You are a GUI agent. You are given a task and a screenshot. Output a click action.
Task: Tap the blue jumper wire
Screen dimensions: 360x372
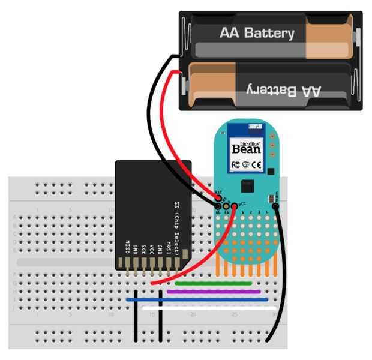point(198,299)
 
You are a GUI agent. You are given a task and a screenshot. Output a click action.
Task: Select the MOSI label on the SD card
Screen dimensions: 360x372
point(169,248)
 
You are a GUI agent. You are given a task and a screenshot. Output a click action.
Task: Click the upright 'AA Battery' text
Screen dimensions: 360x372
point(257,33)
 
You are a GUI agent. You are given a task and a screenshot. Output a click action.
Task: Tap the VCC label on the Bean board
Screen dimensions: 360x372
point(241,204)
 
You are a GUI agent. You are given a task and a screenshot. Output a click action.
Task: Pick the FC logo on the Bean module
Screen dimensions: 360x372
point(236,164)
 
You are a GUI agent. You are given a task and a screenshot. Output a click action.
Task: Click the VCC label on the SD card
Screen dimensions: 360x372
point(152,250)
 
